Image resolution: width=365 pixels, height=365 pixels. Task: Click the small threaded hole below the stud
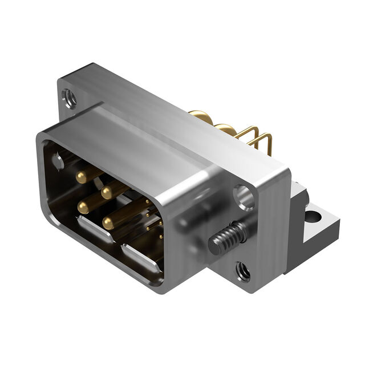click(x=243, y=271)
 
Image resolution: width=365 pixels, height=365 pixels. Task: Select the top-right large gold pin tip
click(x=107, y=193)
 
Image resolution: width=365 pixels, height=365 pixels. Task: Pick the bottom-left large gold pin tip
click(x=84, y=208)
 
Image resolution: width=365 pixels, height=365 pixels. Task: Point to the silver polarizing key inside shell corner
click(x=58, y=162)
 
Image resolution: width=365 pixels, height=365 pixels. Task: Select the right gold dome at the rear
click(x=227, y=130)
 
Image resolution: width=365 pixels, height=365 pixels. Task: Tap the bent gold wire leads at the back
click(x=259, y=138)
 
